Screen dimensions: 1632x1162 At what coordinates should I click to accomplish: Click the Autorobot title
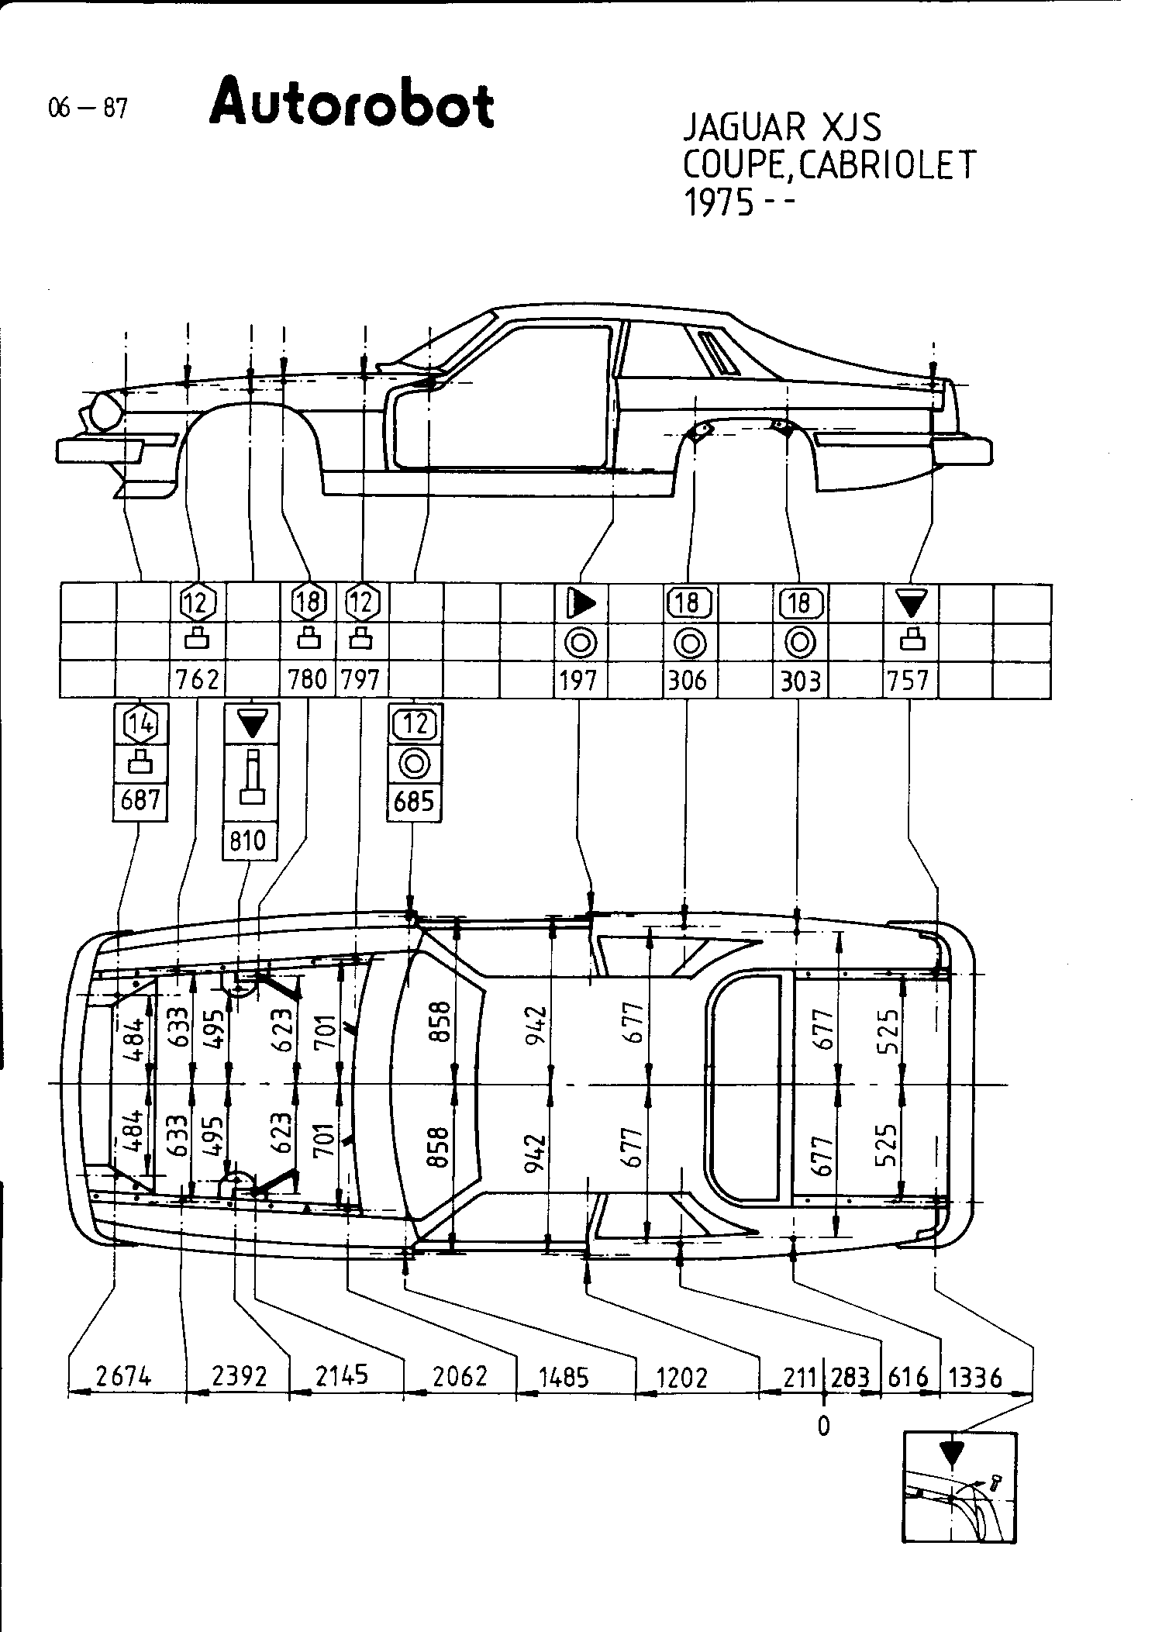click(x=351, y=104)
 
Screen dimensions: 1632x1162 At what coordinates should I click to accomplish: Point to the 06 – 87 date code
click(x=87, y=109)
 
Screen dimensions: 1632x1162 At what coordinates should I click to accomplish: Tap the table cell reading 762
click(x=198, y=680)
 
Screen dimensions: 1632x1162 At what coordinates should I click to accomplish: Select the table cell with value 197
click(x=579, y=680)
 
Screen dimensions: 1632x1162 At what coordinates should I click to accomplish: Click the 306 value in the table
click(x=688, y=680)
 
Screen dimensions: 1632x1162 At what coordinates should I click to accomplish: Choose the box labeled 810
click(x=248, y=840)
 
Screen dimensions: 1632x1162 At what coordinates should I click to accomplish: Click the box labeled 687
click(x=140, y=799)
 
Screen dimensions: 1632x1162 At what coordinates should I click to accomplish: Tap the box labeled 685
click(x=414, y=800)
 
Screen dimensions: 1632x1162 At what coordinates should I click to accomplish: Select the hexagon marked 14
click(x=140, y=723)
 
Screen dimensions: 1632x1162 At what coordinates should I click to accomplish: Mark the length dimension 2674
click(x=123, y=1377)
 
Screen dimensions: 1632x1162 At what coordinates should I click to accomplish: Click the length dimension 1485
click(x=564, y=1377)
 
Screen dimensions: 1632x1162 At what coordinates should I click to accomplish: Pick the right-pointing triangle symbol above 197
click(x=581, y=602)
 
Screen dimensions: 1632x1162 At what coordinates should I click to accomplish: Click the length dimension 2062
click(x=460, y=1377)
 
